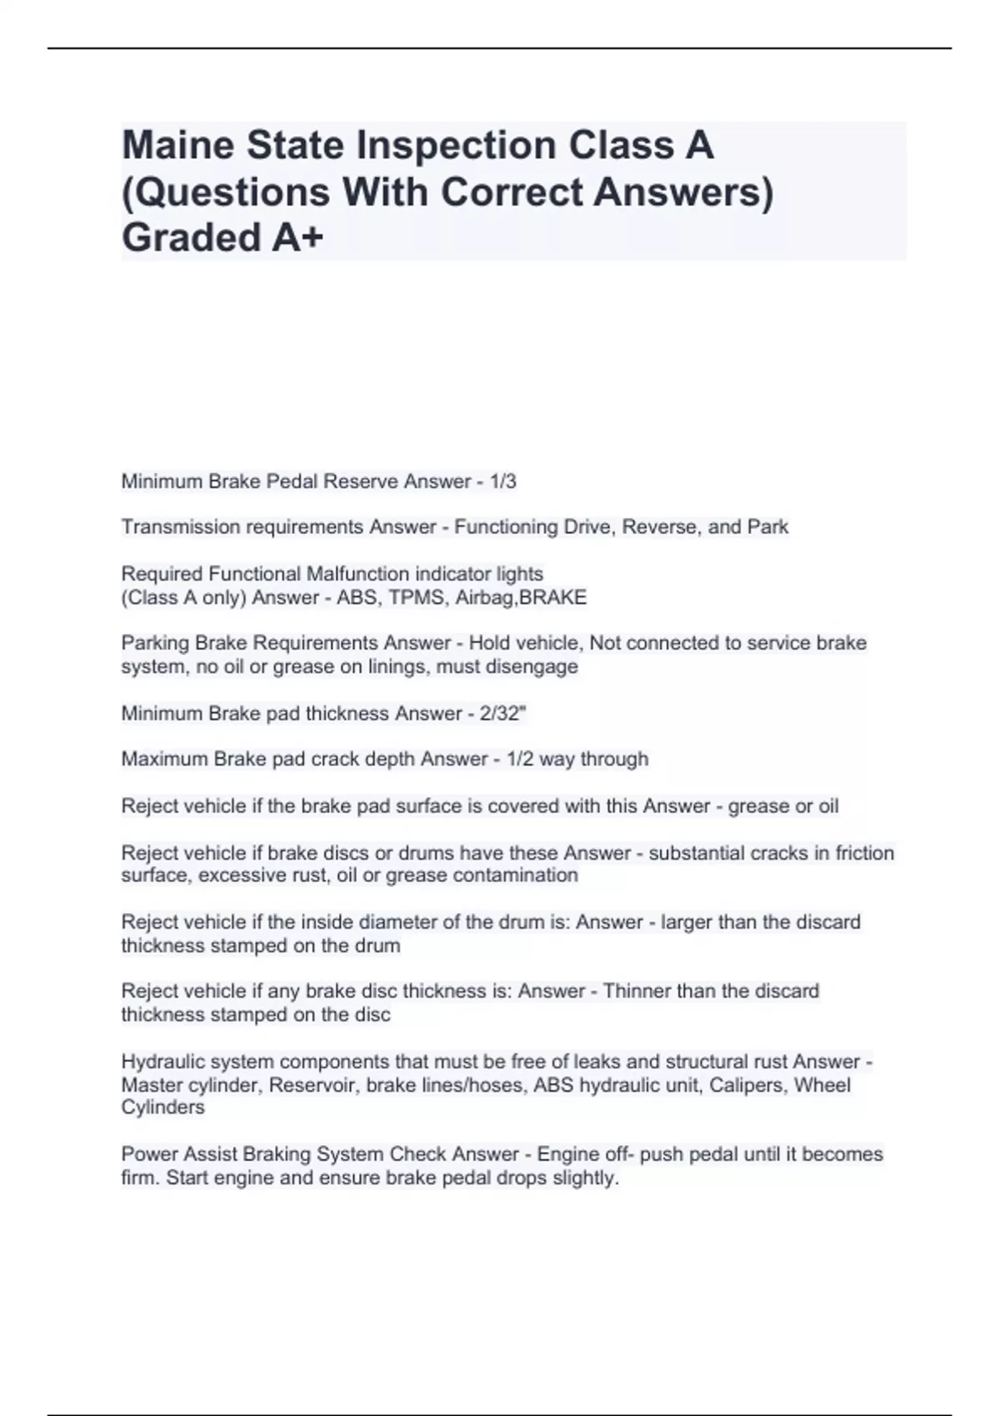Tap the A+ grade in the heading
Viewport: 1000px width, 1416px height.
(297, 238)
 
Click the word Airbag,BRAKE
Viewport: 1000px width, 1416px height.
(521, 598)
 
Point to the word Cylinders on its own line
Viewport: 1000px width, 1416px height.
(162, 1108)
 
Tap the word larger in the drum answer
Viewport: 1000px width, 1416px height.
(685, 923)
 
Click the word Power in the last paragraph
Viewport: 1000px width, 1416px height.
(146, 1154)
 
